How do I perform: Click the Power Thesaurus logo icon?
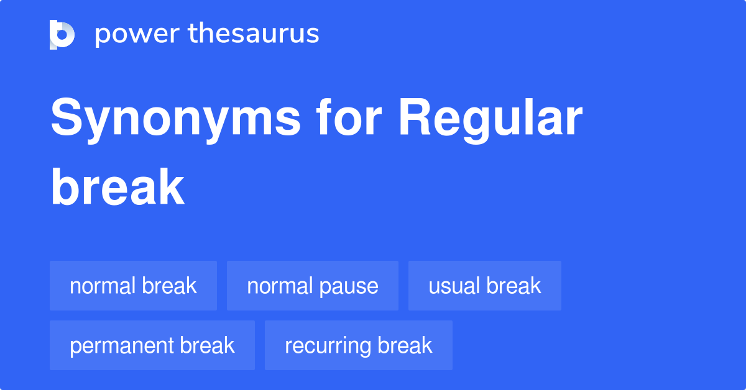(62, 34)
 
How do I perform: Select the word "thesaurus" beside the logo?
(254, 34)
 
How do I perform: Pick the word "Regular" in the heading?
(490, 119)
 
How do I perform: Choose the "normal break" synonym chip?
(133, 286)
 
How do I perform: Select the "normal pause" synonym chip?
(312, 286)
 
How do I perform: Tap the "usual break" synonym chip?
(484, 286)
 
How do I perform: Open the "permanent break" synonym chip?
(152, 345)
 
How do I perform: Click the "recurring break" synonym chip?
(358, 345)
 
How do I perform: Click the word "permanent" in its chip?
(121, 346)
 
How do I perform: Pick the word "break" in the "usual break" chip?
(513, 286)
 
